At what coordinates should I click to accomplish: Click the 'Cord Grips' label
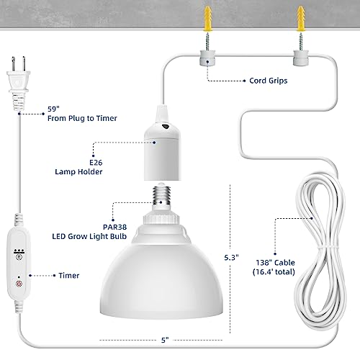click(269, 81)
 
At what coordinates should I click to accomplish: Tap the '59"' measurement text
click(53, 109)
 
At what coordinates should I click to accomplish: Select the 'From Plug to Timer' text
click(82, 118)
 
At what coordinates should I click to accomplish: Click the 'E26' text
click(96, 163)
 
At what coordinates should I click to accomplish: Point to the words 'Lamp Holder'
click(78, 172)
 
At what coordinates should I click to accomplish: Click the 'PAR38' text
click(114, 227)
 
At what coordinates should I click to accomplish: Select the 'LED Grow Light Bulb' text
click(89, 236)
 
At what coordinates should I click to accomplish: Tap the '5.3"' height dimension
click(231, 258)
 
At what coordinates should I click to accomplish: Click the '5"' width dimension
click(165, 340)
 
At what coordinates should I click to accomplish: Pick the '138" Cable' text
click(275, 263)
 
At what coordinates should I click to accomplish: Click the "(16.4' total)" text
click(274, 272)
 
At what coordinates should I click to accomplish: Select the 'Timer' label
click(69, 276)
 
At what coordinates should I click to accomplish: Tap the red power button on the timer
click(19, 284)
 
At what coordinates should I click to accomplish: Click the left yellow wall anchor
click(207, 19)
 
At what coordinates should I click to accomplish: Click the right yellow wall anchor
click(301, 19)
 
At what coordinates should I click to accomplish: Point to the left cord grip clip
click(207, 58)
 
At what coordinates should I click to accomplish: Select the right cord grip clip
click(301, 58)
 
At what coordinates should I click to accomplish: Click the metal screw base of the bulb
click(161, 194)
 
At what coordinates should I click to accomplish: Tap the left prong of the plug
click(14, 64)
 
